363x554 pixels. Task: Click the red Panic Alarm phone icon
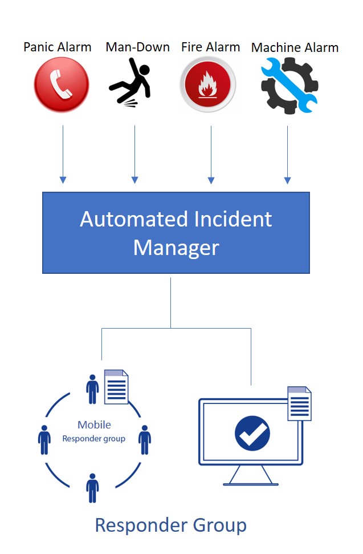[62, 85]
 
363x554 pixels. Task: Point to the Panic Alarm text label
[58, 47]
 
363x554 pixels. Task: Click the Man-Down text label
[137, 47]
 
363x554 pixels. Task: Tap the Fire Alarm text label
[210, 47]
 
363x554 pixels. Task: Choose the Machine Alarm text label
[295, 47]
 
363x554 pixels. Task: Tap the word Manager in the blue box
[176, 248]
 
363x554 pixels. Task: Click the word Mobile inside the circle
[94, 425]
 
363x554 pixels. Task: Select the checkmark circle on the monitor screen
[252, 433]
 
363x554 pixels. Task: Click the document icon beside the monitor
[299, 404]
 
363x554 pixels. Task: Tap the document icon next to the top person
[116, 387]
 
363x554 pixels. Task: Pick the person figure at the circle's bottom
[92, 488]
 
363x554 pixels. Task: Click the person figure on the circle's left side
[44, 439]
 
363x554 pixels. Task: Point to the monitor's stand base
[251, 483]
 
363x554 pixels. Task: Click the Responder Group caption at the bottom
[170, 525]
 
